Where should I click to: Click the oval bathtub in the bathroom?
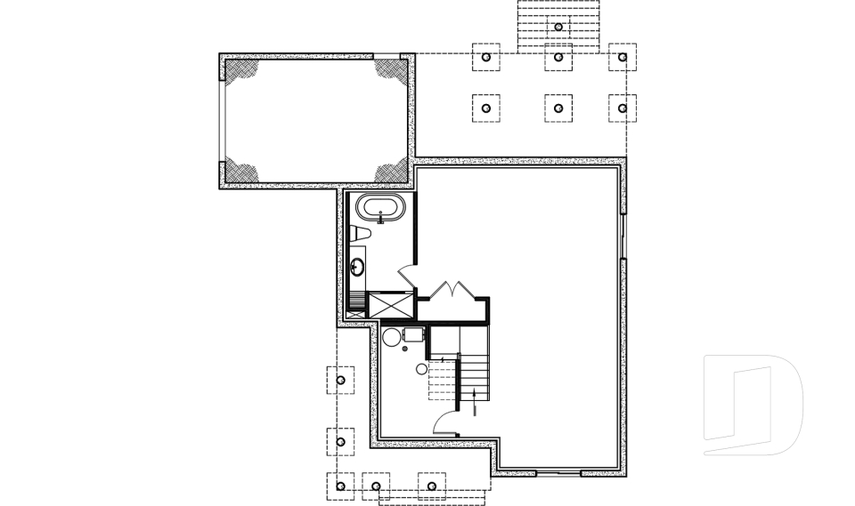click(x=380, y=210)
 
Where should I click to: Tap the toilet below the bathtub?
click(x=360, y=234)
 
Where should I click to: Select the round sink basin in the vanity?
click(x=357, y=265)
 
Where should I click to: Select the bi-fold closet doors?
click(x=454, y=291)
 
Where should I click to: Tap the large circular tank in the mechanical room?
click(x=391, y=337)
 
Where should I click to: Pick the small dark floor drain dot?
click(x=405, y=349)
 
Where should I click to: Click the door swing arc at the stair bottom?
click(x=445, y=422)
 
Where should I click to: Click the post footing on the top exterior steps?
click(x=558, y=27)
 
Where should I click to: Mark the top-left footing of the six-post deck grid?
click(x=485, y=58)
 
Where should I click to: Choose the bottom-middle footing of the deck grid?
click(x=558, y=108)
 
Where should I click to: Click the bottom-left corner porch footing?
click(x=340, y=486)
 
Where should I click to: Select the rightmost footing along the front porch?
click(x=432, y=486)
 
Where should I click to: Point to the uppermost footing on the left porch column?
click(x=340, y=380)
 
